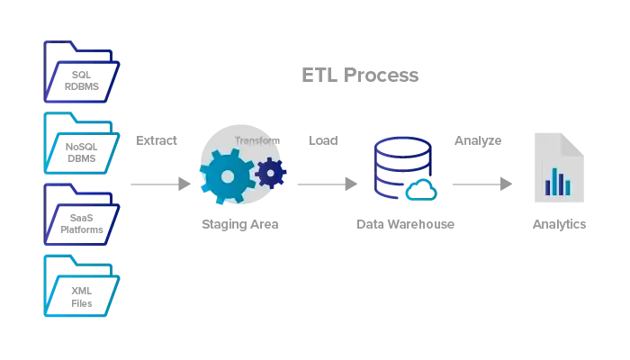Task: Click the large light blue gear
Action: (x=227, y=176)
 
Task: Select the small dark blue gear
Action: (x=271, y=172)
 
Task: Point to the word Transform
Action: (x=257, y=140)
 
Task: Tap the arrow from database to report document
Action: (x=481, y=184)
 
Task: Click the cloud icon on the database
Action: (x=420, y=190)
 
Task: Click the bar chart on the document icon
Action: (x=559, y=182)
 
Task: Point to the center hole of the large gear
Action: (x=227, y=176)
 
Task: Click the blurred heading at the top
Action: (x=362, y=76)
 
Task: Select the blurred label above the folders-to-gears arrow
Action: (x=158, y=142)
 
